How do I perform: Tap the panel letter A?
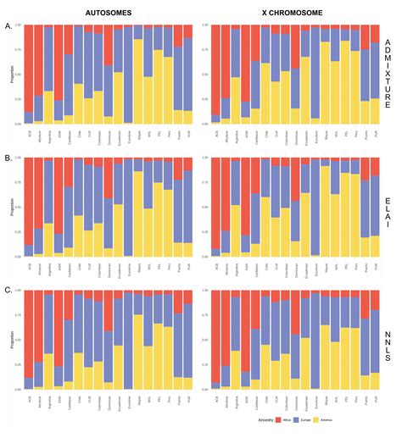8,25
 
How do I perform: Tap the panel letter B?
8,158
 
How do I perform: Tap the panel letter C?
8,291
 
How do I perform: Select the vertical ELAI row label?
388,207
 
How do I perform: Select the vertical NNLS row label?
388,339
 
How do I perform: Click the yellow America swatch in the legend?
330,419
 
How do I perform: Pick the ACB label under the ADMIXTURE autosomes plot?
29,131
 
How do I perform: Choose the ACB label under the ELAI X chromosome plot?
216,263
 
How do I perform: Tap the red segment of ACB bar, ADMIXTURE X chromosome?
216,68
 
